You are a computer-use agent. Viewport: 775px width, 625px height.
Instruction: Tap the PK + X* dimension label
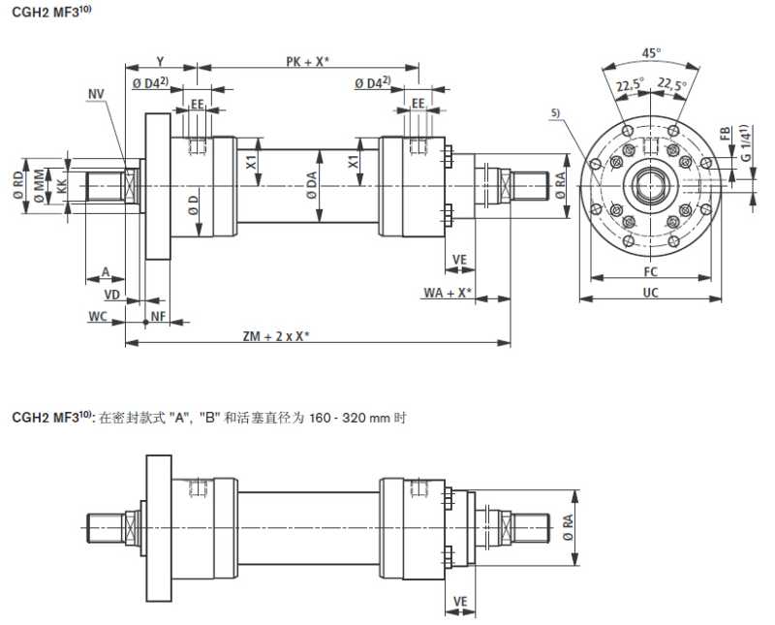click(307, 61)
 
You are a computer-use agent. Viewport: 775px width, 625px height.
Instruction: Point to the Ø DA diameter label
click(312, 186)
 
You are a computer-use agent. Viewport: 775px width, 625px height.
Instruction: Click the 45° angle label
click(651, 53)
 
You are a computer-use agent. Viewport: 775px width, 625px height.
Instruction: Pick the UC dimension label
click(651, 292)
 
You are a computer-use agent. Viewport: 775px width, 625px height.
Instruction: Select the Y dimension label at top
click(160, 61)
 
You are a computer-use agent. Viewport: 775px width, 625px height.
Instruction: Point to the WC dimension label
click(98, 316)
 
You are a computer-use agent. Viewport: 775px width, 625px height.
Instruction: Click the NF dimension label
click(157, 316)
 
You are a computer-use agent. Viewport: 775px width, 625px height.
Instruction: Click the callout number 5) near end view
click(555, 113)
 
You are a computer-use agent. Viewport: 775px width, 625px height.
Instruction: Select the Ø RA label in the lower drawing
click(567, 527)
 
